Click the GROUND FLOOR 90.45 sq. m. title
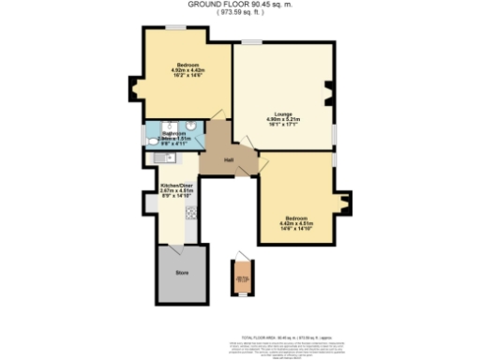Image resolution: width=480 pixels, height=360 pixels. click(x=239, y=5)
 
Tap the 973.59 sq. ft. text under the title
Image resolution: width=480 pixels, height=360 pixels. click(x=239, y=13)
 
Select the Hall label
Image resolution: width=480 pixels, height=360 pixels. click(x=229, y=160)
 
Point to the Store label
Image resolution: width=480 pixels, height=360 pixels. click(x=182, y=273)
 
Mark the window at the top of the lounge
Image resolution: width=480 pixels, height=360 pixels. click(x=252, y=41)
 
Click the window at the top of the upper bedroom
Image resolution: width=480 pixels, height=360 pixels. click(x=174, y=26)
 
